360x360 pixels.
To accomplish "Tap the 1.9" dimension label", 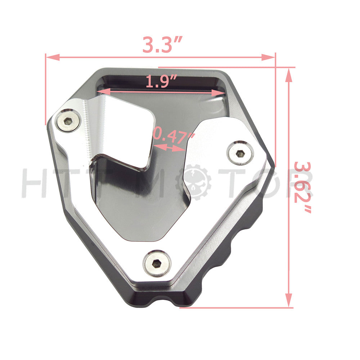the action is pyautogui.click(x=161, y=82).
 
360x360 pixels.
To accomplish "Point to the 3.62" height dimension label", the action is pyautogui.click(x=303, y=187).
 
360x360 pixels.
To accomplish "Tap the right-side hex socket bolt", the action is pyautogui.click(x=240, y=153).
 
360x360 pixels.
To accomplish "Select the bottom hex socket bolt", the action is pyautogui.click(x=157, y=264).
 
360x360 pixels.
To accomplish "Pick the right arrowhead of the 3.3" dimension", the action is pyautogui.click(x=268, y=57).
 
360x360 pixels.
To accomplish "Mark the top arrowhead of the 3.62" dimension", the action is pyautogui.click(x=289, y=75).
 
